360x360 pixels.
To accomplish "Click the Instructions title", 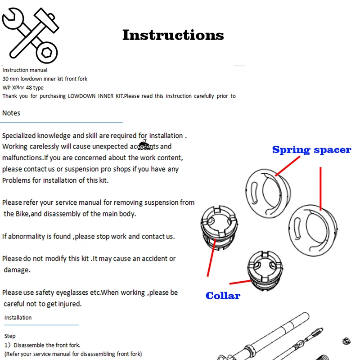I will pyautogui.click(x=173, y=35).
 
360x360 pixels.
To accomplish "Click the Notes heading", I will pyautogui.click(x=11, y=113).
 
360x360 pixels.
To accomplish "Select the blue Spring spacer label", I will pyautogui.click(x=311, y=150).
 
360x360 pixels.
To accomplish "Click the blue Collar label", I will pyautogui.click(x=223, y=296).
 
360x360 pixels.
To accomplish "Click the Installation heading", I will pyautogui.click(x=18, y=318).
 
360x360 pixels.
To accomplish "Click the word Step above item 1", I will pyautogui.click(x=10, y=336).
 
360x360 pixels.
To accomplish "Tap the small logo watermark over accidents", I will pyautogui.click(x=144, y=145).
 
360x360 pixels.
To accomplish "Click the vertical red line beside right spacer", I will pyautogui.click(x=320, y=188).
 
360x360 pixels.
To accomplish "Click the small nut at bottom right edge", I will pyautogui.click(x=346, y=341).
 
